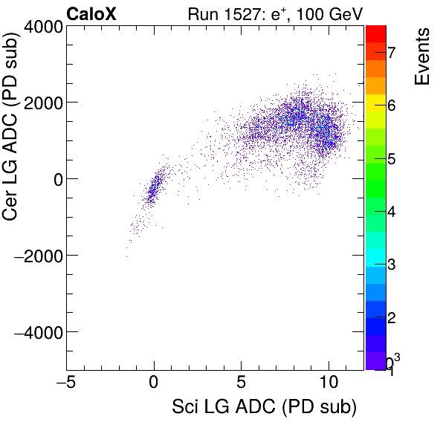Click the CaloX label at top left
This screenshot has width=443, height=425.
click(91, 13)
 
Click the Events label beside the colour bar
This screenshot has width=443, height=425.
click(421, 57)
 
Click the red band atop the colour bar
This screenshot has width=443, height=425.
click(375, 33)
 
